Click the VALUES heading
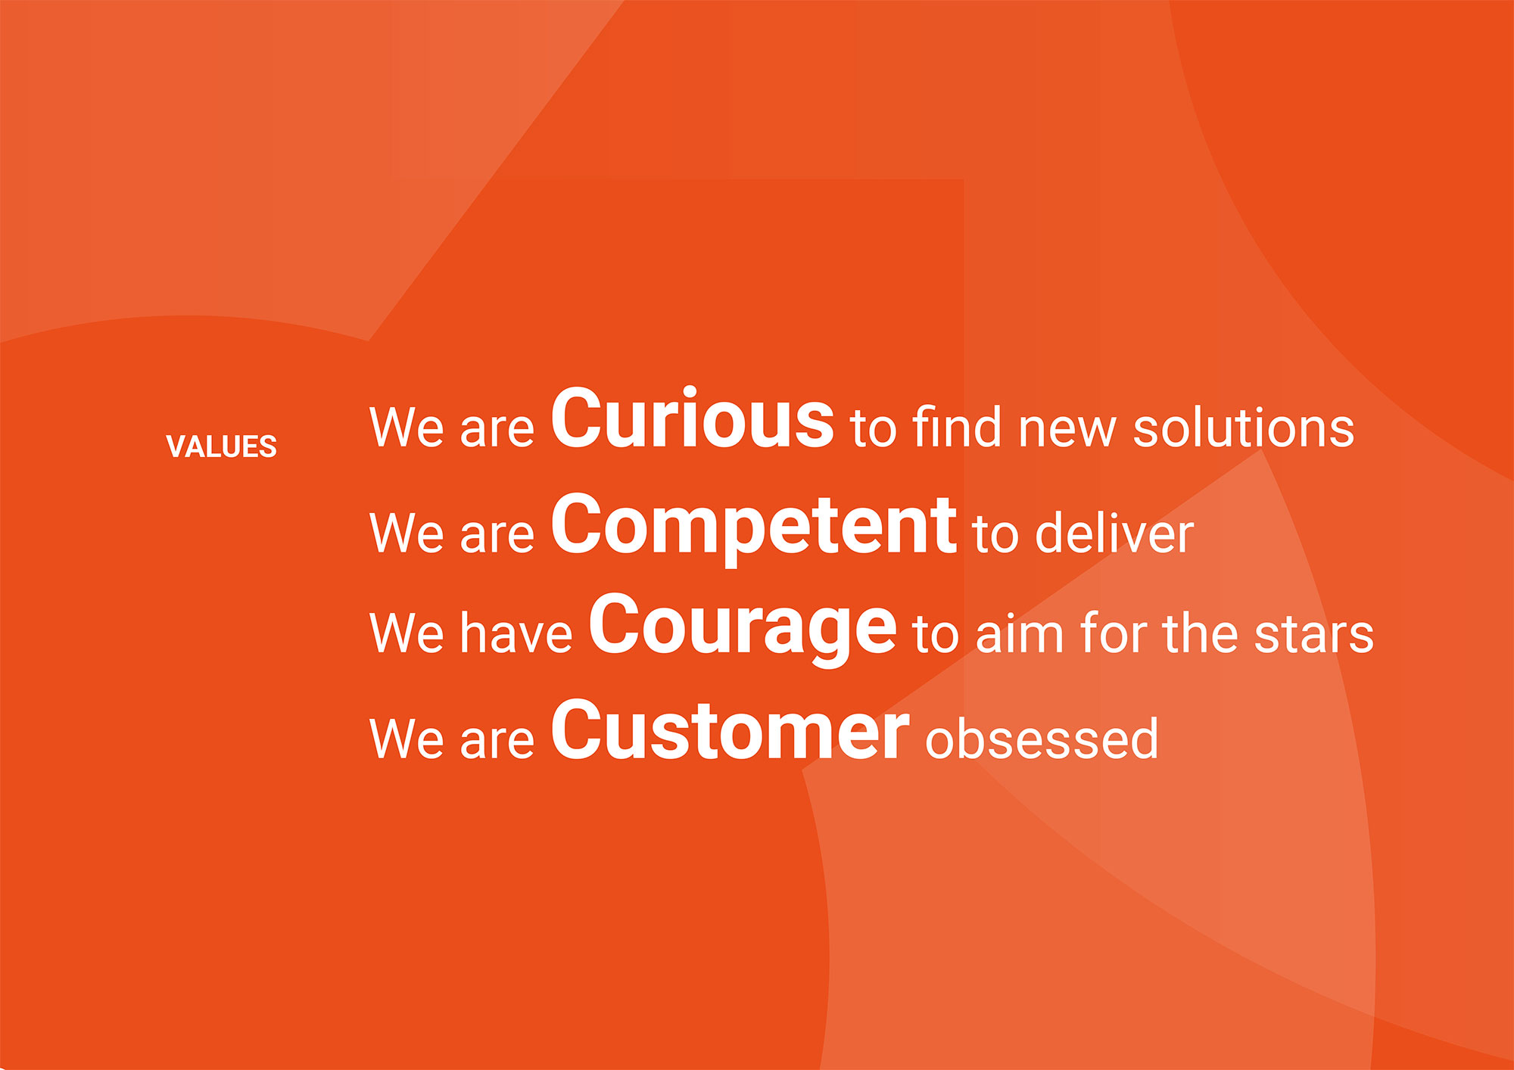coord(221,446)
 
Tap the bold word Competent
coord(753,527)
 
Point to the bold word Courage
coord(742,628)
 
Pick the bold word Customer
coord(730,729)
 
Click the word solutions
coord(1243,428)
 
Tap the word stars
coord(1313,634)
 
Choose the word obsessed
coord(1042,738)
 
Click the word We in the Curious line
coord(407,428)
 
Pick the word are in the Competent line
coord(497,537)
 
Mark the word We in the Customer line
coord(407,739)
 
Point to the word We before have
coord(407,633)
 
